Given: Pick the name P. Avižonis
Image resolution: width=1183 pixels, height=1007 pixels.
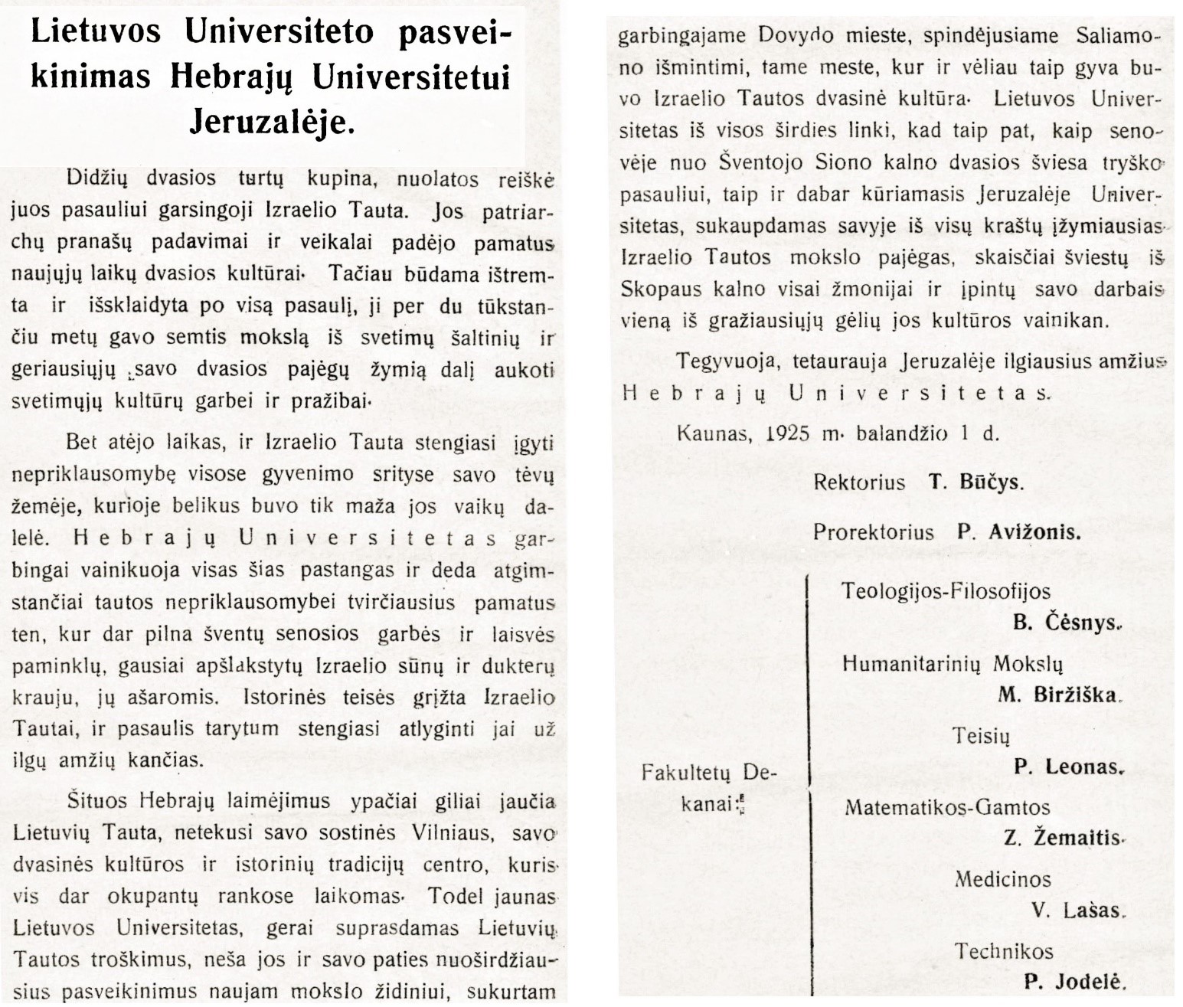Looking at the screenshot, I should coord(1018,532).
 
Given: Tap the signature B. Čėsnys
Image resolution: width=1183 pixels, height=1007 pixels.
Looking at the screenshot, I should coord(1067,623).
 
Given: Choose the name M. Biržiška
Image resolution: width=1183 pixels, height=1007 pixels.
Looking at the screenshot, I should coord(1059,695).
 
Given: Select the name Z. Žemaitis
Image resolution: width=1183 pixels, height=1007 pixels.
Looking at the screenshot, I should coord(1061,839).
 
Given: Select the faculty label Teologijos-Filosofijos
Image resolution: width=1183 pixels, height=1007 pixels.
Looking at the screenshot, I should coord(946,591).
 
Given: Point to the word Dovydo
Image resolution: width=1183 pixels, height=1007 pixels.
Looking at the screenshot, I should coord(807,35).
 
